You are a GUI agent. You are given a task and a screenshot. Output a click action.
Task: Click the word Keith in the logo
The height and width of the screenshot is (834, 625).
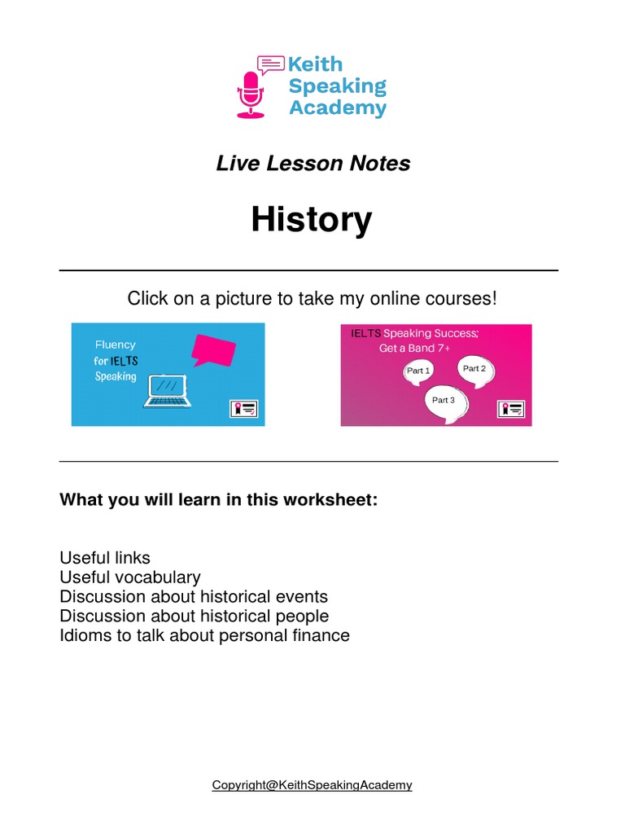pyautogui.click(x=316, y=64)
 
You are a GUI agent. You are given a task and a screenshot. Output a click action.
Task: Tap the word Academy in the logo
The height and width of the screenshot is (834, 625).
pyautogui.click(x=338, y=108)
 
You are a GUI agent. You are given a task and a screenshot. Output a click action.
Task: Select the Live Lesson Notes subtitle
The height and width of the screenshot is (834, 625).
pyautogui.click(x=312, y=163)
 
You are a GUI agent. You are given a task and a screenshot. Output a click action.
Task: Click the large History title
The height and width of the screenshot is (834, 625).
pyautogui.click(x=312, y=219)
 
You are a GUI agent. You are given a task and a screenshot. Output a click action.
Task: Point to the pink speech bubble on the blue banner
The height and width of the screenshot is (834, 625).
pyautogui.click(x=212, y=349)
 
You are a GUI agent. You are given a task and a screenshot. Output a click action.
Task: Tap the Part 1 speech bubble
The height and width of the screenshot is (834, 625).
pyautogui.click(x=418, y=371)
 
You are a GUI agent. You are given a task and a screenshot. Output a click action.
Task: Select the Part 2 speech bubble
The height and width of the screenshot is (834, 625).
pyautogui.click(x=474, y=369)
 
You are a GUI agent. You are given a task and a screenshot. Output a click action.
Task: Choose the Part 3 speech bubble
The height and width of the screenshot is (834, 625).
pyautogui.click(x=444, y=400)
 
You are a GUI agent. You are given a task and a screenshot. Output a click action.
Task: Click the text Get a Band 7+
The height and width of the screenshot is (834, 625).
pyautogui.click(x=413, y=349)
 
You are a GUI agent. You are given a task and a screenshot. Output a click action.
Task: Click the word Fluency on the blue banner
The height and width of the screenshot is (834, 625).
pyautogui.click(x=115, y=345)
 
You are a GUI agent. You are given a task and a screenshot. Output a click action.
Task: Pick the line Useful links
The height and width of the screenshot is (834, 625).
pyautogui.click(x=105, y=558)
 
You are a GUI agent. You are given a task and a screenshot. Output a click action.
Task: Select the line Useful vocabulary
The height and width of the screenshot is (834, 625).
pyautogui.click(x=130, y=577)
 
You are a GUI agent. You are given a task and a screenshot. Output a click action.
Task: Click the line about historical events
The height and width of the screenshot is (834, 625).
pyautogui.click(x=194, y=597)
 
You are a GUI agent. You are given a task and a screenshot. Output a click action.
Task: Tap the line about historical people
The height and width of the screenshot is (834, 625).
pyautogui.click(x=194, y=617)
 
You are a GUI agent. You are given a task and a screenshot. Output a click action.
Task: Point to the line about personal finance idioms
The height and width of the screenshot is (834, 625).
pyautogui.click(x=204, y=636)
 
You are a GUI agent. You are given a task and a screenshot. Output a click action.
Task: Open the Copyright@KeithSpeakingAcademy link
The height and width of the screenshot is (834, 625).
pyautogui.click(x=312, y=785)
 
